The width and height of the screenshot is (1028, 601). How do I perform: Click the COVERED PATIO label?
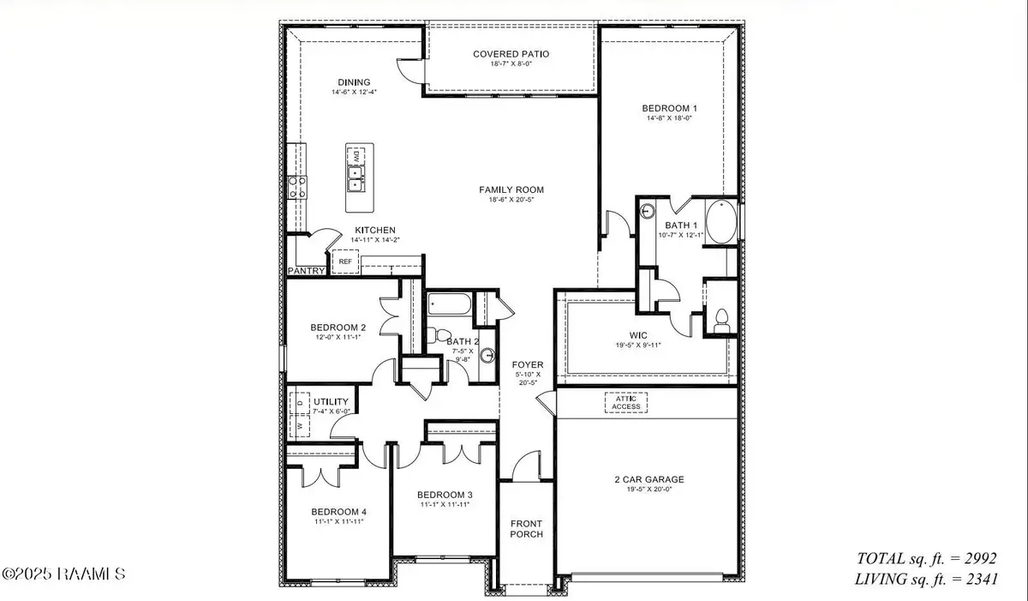[x=511, y=54]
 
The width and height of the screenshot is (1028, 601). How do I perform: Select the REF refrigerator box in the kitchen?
[x=346, y=261]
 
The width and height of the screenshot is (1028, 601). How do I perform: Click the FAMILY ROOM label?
[x=511, y=190]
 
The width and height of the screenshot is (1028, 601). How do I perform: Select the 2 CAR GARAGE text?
[x=648, y=480]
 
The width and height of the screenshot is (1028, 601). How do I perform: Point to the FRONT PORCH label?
[x=527, y=529]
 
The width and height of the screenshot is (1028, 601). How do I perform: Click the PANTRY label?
[x=306, y=272]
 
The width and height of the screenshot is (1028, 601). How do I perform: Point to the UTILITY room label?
[x=329, y=401]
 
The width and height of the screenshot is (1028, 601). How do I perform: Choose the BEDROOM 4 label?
[x=339, y=512]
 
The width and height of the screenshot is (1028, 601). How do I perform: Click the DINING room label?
[x=353, y=82]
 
